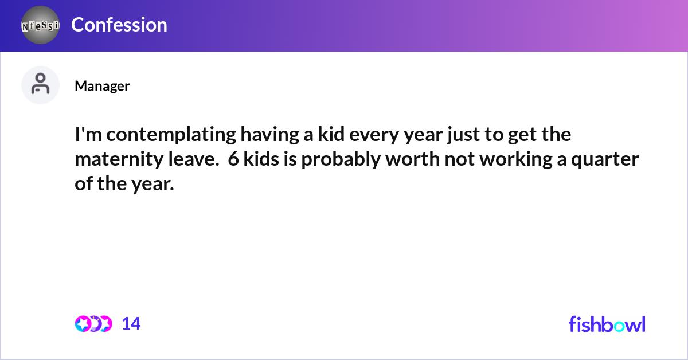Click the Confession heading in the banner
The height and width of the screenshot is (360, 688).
[119, 25]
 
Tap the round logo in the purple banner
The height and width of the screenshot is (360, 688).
[40, 25]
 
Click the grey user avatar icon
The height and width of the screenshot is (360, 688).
[40, 85]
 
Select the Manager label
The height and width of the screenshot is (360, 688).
[102, 86]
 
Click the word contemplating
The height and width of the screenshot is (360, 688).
[170, 135]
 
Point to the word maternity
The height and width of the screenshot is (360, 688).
[114, 160]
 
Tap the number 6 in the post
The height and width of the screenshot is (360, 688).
[233, 160]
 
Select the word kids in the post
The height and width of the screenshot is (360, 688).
[261, 160]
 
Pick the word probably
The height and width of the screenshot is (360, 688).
[339, 161]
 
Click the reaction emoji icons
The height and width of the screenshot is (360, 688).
[93, 324]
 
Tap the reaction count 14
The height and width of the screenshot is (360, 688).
[131, 324]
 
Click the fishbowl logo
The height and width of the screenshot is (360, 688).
[607, 324]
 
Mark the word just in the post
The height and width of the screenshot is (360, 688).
[461, 135]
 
